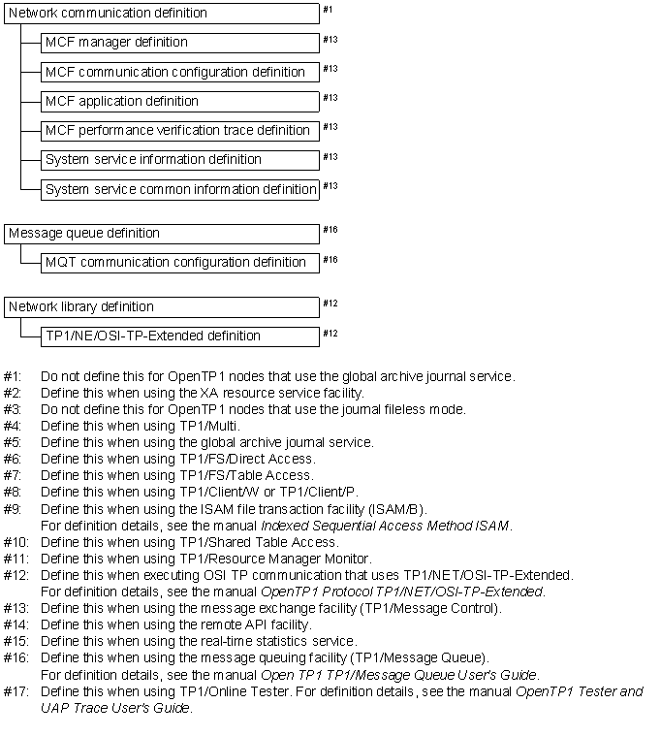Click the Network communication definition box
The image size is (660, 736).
pyautogui.click(x=162, y=14)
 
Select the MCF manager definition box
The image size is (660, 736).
pyautogui.click(x=180, y=43)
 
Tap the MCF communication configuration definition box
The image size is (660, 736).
pyautogui.click(x=180, y=72)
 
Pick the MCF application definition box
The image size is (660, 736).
pyautogui.click(x=180, y=101)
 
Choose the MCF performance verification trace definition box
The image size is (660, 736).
pyautogui.click(x=180, y=130)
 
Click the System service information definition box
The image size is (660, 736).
pyautogui.click(x=180, y=159)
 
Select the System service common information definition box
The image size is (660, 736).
pyautogui.click(x=180, y=189)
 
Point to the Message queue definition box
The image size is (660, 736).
pyautogui.click(x=162, y=233)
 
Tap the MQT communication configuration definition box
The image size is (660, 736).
pyautogui.click(x=180, y=262)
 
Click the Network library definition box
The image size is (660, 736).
pyautogui.click(x=162, y=306)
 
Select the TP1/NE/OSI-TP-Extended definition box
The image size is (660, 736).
pyautogui.click(x=180, y=336)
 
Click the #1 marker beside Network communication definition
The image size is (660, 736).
pyautogui.click(x=328, y=10)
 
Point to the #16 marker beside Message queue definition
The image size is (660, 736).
pyautogui.click(x=330, y=230)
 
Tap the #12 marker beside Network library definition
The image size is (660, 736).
pyautogui.click(x=330, y=304)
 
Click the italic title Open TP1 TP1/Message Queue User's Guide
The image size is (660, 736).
pyautogui.click(x=399, y=675)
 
